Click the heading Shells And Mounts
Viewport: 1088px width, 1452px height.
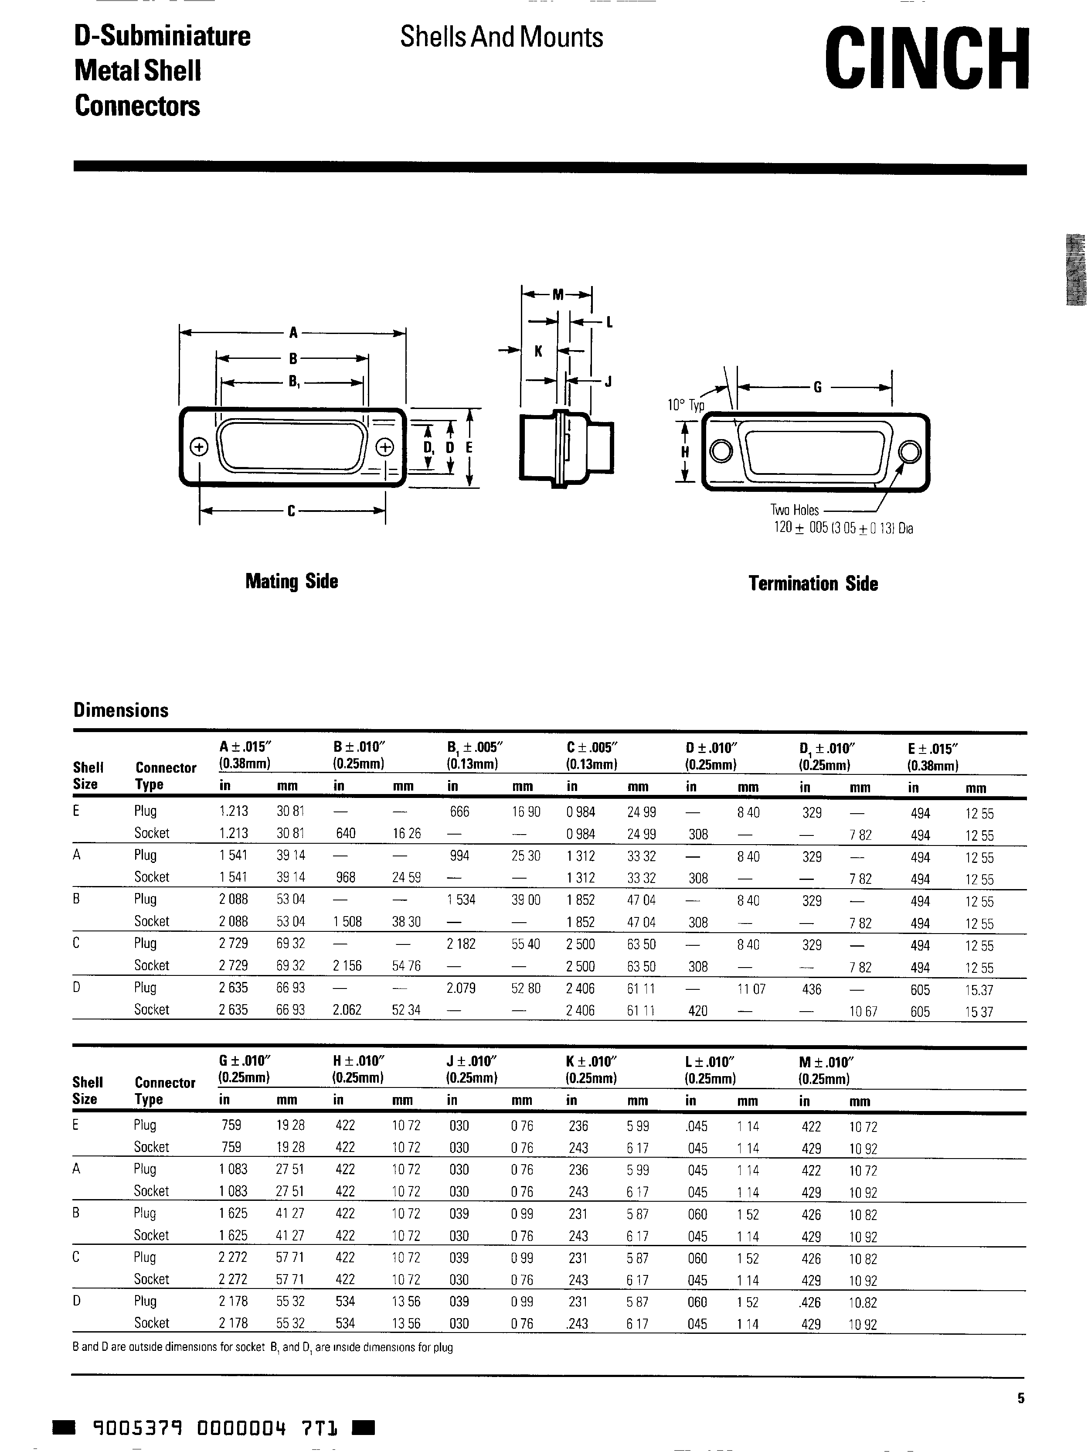click(501, 37)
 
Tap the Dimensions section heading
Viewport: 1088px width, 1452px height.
click(121, 710)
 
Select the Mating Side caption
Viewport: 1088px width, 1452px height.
click(291, 581)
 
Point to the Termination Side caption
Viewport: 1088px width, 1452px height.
click(813, 583)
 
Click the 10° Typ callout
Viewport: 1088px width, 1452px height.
click(686, 406)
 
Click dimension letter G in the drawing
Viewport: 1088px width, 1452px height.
click(818, 387)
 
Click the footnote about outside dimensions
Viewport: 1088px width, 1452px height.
click(262, 1348)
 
